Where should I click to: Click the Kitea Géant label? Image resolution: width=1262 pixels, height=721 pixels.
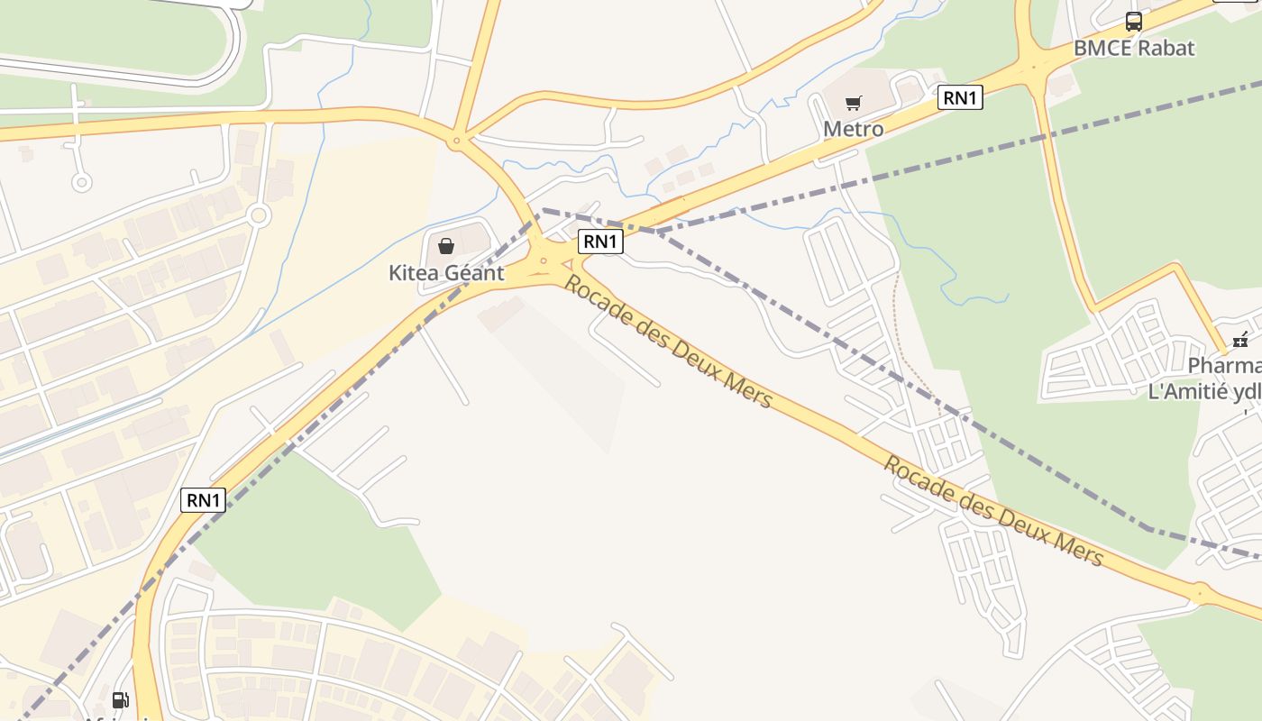(446, 272)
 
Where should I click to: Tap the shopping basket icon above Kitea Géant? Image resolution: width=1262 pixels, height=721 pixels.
(445, 245)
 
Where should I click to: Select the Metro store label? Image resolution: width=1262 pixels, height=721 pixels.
(853, 129)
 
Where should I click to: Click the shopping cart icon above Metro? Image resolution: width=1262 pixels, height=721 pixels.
(853, 103)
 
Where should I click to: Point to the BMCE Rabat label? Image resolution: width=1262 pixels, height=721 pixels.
(1133, 48)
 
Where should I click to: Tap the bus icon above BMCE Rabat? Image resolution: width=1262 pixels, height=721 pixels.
(1133, 22)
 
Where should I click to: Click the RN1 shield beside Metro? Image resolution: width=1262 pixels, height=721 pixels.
(960, 97)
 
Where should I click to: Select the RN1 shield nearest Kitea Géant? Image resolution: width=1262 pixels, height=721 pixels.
(600, 241)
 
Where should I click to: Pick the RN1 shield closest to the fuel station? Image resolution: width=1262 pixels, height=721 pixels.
(203, 499)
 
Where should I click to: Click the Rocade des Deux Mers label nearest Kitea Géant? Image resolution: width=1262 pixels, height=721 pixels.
(668, 342)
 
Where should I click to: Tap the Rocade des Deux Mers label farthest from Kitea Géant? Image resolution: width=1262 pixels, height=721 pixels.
(992, 511)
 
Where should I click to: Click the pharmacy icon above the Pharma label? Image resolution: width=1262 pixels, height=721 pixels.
(1240, 340)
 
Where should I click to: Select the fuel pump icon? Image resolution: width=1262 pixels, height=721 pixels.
(120, 699)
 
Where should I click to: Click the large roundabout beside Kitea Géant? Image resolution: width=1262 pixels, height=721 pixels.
(544, 262)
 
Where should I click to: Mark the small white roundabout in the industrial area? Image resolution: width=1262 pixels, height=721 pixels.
(259, 215)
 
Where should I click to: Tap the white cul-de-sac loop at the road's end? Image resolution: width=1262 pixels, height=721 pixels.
(81, 183)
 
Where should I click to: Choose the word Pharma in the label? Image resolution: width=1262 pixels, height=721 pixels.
(1224, 366)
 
